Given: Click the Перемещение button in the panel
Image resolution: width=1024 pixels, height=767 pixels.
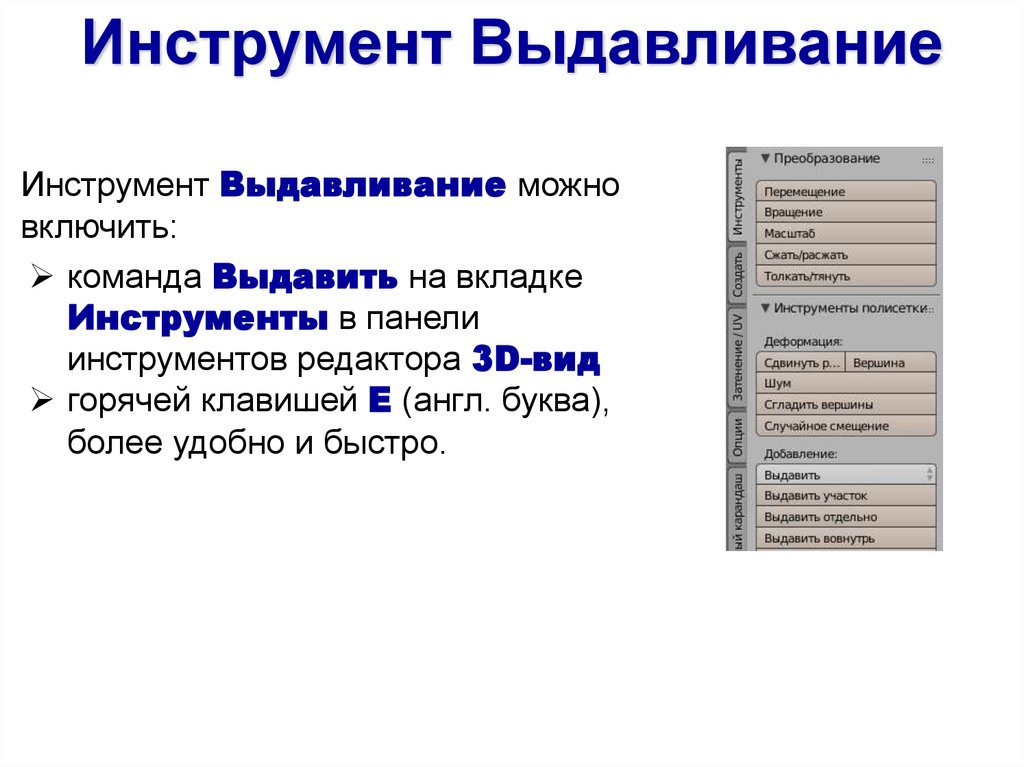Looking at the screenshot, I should coord(846,191).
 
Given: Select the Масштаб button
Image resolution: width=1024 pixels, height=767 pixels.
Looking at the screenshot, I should coord(846,233).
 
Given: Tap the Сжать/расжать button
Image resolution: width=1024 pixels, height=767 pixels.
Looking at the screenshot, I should coord(846,255).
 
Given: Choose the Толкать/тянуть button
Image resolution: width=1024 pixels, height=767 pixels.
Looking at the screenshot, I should coord(846,276).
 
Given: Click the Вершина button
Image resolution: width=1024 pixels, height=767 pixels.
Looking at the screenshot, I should coord(891,363).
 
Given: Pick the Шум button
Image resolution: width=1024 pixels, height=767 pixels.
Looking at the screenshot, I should coord(846,384).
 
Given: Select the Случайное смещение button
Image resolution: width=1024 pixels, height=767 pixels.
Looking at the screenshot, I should coord(846,426).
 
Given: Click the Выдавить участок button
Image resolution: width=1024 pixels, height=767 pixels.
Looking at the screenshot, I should coord(846,496).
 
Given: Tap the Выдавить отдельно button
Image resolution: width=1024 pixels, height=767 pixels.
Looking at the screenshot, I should coord(846,517).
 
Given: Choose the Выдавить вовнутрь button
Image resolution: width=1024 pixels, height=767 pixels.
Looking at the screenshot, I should coord(846,538).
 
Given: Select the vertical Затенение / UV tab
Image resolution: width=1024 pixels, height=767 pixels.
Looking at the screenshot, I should coord(737,356).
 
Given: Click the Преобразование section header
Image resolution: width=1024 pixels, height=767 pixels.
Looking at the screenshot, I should coord(826,158).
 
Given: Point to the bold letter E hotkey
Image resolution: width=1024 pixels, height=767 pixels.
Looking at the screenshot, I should coord(378,401).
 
